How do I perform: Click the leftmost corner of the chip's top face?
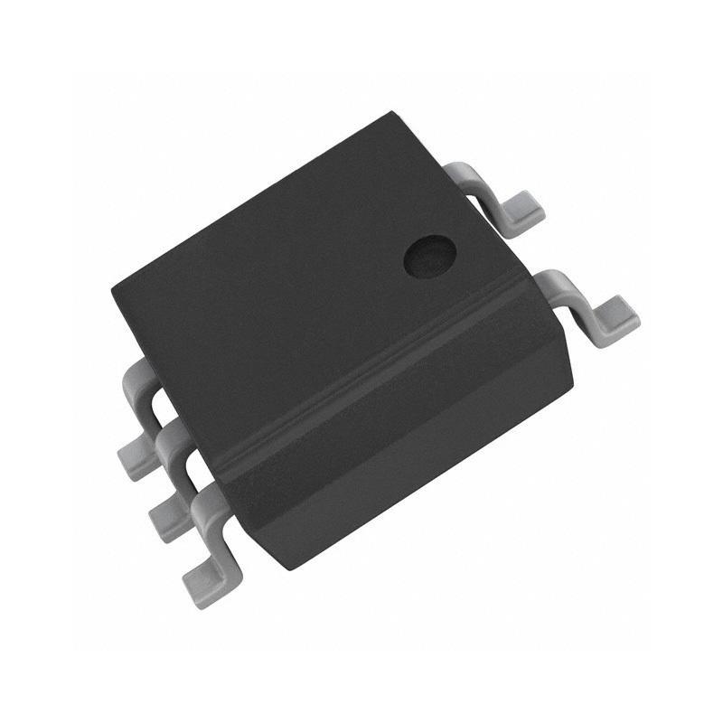point(112,291)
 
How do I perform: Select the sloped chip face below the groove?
point(398,443)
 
